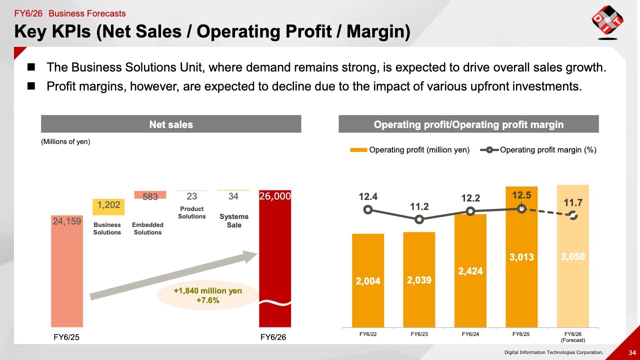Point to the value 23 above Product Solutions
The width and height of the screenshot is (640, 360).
coord(192,196)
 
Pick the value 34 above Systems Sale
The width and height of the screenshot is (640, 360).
coord(233,196)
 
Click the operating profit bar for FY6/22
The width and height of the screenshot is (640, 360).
coord(368,280)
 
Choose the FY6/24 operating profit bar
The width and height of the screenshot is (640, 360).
coord(470,270)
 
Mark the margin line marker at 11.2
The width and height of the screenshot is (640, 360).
coord(419,219)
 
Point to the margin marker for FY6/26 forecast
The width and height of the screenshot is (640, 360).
coord(573,215)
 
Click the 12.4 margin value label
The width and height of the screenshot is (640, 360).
coord(368,197)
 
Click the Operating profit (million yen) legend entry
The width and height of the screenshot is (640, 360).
coord(410,149)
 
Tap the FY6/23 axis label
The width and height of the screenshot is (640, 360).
coord(419,334)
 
